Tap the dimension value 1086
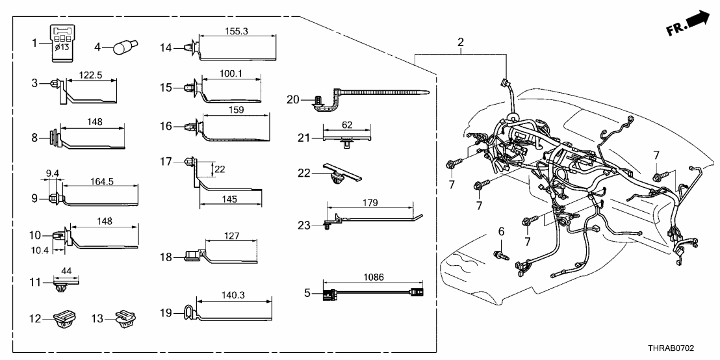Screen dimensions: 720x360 [x=372, y=278]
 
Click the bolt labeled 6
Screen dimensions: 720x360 [x=500, y=254]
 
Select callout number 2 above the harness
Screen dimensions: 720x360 [x=460, y=43]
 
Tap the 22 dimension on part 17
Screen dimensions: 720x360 [x=220, y=169]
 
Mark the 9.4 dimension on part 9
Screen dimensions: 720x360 [x=53, y=173]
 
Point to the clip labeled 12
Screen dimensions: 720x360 [x=65, y=318]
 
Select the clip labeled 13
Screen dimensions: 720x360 [x=124, y=318]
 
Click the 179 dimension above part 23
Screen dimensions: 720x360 [x=370, y=202]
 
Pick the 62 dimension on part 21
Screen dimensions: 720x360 [x=348, y=123]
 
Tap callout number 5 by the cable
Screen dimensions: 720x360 [x=307, y=292]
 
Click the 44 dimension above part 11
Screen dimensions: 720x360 [x=66, y=272]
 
